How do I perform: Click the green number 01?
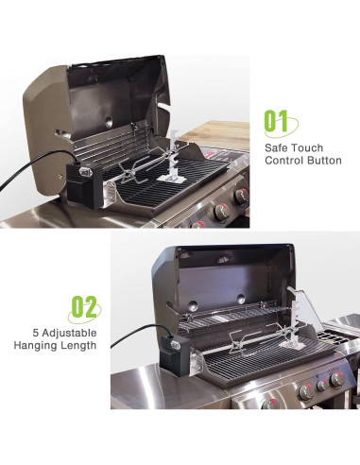(276, 121)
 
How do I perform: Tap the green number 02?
(84, 306)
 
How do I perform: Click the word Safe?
(276, 147)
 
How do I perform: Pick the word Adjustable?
(69, 334)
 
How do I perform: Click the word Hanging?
(33, 345)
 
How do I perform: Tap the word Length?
(77, 345)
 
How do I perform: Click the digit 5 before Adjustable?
(35, 333)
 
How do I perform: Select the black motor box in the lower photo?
(176, 356)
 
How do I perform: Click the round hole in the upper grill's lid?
(109, 120)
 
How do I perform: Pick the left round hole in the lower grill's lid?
(193, 305)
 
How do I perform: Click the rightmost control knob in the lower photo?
(337, 380)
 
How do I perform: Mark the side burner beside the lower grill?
(342, 333)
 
